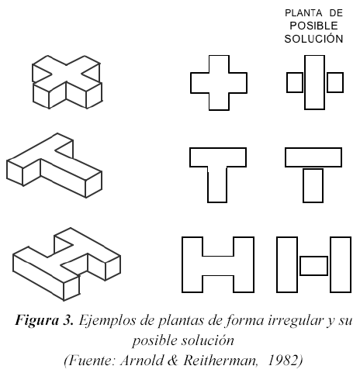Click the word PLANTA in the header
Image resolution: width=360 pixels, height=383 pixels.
coord(299,13)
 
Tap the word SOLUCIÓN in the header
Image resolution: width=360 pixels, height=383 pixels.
coord(313,39)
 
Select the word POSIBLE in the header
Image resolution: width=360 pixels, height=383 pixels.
coord(313,26)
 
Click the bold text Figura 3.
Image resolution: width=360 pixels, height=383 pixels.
coord(44,320)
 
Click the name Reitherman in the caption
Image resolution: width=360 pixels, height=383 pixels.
coord(220,361)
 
